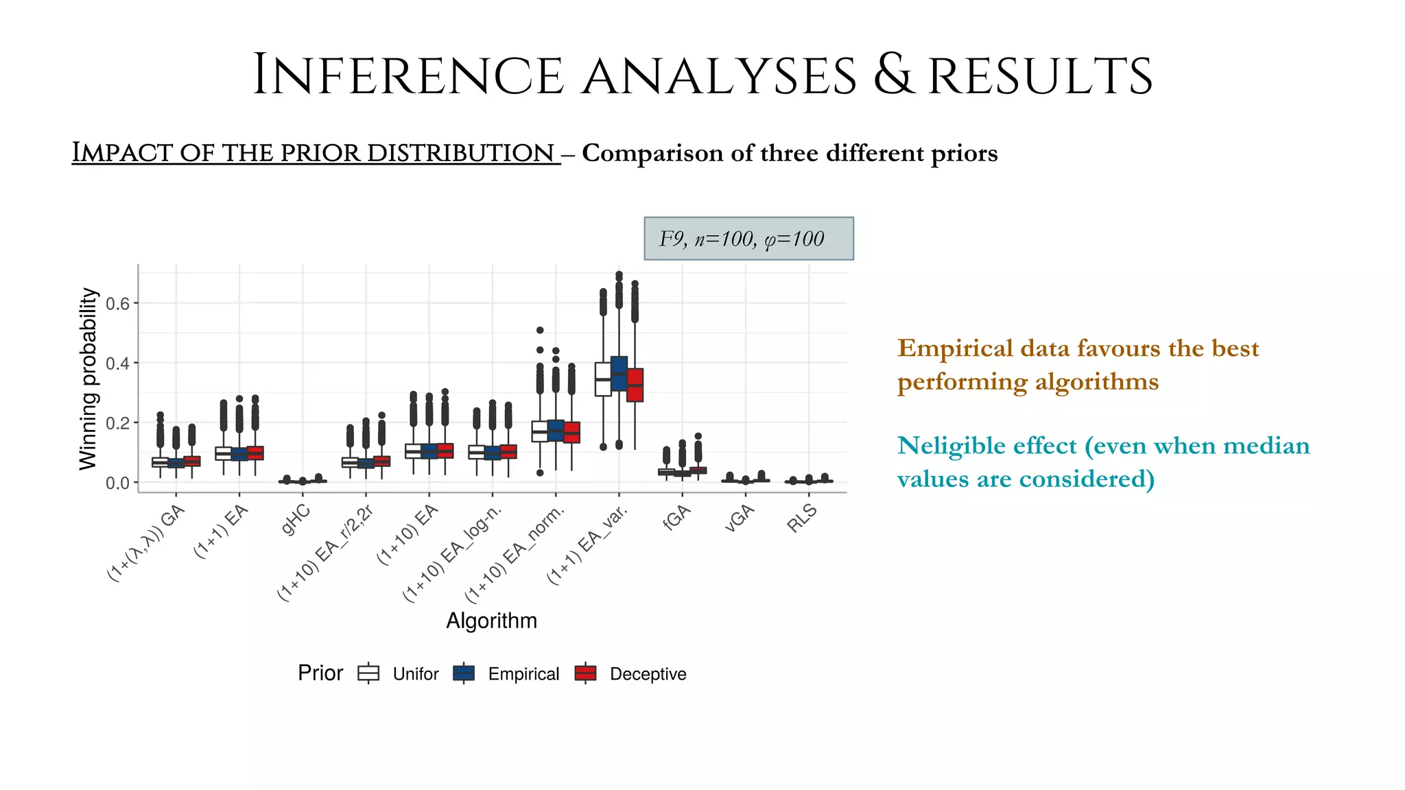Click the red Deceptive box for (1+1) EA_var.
tap(635, 385)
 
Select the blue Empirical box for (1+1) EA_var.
tap(619, 374)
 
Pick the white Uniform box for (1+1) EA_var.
tap(603, 379)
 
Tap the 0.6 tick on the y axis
tap(117, 303)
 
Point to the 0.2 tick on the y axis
tap(117, 423)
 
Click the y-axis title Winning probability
tap(88, 379)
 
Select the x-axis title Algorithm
tap(491, 621)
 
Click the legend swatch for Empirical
tap(464, 673)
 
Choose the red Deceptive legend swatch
tap(585, 673)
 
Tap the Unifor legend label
tap(415, 674)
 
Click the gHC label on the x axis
tap(296, 520)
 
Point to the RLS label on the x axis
tap(802, 518)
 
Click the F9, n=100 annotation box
tap(748, 239)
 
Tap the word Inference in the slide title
tap(408, 75)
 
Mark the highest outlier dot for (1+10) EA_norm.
tap(540, 331)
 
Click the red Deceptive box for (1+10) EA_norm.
tap(571, 432)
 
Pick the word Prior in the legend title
tap(320, 673)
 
